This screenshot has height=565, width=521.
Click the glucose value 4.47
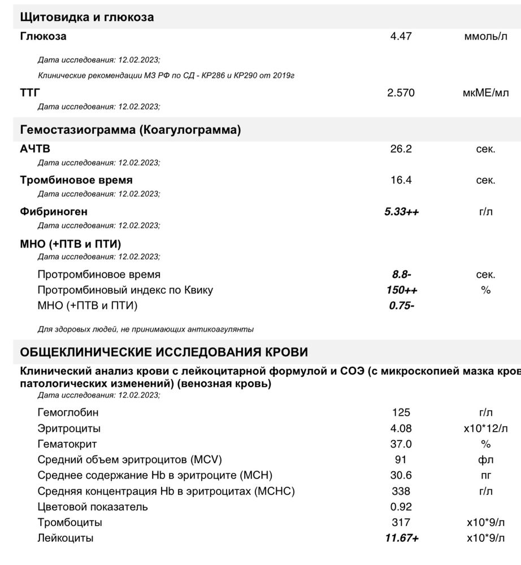click(x=401, y=36)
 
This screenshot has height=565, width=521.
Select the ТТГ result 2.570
click(x=401, y=93)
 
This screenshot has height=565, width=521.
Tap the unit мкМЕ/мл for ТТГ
click(x=485, y=93)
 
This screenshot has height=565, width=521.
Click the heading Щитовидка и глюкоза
click(x=87, y=17)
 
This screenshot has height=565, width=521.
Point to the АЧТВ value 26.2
click(x=401, y=149)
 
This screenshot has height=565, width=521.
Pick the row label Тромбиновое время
click(x=76, y=180)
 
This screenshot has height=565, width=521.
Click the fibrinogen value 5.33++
click(x=401, y=212)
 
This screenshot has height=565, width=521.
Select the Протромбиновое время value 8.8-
click(x=401, y=275)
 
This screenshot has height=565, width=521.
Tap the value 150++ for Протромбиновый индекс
click(x=401, y=290)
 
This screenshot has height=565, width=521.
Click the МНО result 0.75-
click(x=401, y=306)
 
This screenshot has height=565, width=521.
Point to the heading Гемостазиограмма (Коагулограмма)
click(x=131, y=130)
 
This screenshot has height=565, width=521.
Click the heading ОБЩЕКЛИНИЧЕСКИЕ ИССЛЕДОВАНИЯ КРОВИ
click(x=164, y=353)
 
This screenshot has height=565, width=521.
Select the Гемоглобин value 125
click(x=401, y=413)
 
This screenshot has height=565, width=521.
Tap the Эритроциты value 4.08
click(x=401, y=429)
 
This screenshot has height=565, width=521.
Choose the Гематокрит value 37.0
click(x=401, y=444)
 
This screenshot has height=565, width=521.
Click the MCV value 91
click(x=401, y=460)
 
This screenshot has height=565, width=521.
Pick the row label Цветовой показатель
click(x=93, y=507)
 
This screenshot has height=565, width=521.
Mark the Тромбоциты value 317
click(x=401, y=523)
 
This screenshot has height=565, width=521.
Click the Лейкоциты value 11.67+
click(x=401, y=538)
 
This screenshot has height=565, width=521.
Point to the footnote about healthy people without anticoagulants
click(x=146, y=329)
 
